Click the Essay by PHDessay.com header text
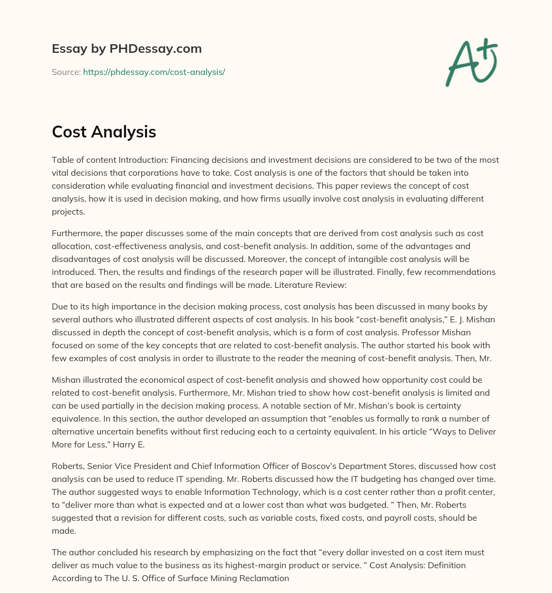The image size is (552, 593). tap(127, 49)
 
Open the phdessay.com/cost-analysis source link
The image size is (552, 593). tap(154, 72)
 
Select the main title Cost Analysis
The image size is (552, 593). tap(104, 132)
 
